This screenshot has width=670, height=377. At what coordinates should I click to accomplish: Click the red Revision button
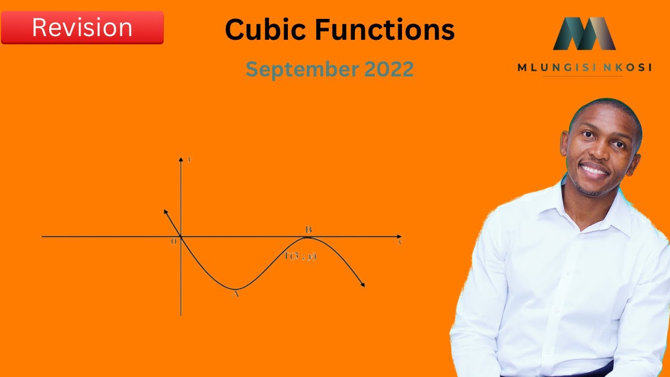82,27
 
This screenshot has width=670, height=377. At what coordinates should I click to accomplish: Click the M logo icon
584,34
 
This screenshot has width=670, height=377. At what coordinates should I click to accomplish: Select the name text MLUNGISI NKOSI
584,68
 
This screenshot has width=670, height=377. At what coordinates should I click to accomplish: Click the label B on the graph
309,229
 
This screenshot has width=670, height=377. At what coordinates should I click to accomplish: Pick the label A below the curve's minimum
236,294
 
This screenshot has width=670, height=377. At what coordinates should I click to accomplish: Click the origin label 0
174,242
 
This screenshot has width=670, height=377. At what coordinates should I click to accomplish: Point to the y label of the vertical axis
188,159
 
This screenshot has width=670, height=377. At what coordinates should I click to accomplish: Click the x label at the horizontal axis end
399,242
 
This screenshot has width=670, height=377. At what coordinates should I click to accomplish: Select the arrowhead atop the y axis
181,158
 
